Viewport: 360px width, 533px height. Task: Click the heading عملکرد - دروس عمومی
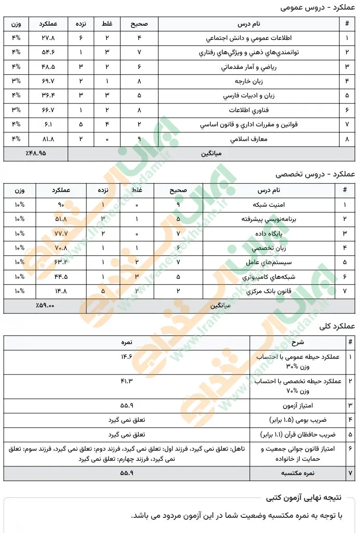click(317, 8)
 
